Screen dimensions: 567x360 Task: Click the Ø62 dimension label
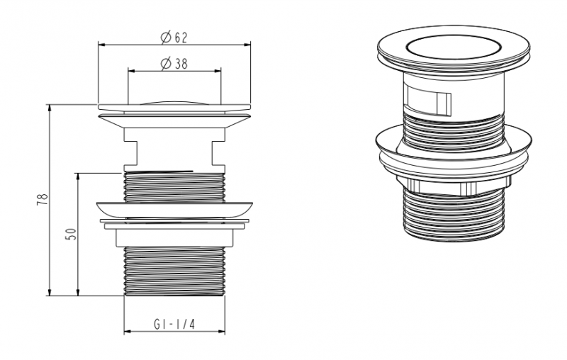pyautogui.click(x=174, y=38)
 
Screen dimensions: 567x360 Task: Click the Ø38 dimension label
pyautogui.click(x=174, y=64)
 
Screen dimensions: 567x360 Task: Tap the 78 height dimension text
pyautogui.click(x=43, y=200)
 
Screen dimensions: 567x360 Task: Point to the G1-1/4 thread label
pyautogui.click(x=174, y=325)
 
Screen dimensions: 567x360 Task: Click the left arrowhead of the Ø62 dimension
pyautogui.click(x=101, y=45)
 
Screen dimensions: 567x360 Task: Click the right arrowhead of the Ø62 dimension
pyautogui.click(x=247, y=45)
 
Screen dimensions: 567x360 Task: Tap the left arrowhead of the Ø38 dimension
pyautogui.click(x=131, y=71)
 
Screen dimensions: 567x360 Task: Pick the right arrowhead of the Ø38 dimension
pyautogui.click(x=218, y=71)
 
